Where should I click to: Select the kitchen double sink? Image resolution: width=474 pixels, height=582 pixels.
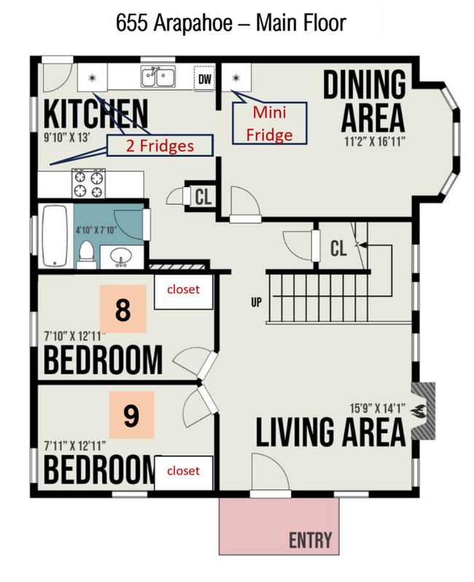click(x=157, y=75)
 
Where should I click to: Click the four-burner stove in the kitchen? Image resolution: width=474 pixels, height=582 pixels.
click(x=88, y=183)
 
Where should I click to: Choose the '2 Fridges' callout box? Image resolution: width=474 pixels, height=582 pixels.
click(x=160, y=145)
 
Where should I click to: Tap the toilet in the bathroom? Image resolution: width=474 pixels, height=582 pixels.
click(x=86, y=253)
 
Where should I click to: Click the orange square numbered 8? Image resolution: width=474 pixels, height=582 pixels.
click(x=123, y=310)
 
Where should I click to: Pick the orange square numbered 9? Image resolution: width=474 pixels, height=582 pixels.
click(x=131, y=415)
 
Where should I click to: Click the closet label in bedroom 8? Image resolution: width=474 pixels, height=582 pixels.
click(x=183, y=290)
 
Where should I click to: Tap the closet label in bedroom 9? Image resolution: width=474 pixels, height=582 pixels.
click(x=183, y=471)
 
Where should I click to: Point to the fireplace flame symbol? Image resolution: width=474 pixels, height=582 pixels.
click(x=421, y=411)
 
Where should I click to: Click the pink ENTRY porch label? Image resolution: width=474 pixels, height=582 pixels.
click(x=310, y=540)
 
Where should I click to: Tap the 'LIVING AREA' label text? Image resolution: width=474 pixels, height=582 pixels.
click(x=330, y=432)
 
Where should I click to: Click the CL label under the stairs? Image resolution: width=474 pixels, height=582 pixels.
click(x=338, y=249)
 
